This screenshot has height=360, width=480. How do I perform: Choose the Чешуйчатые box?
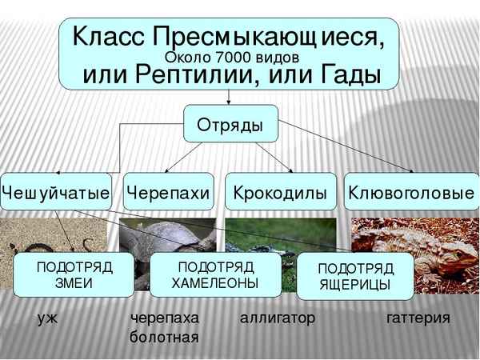click(x=56, y=192)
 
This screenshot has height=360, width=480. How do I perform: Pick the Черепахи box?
click(x=169, y=192)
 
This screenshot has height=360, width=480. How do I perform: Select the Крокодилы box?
click(x=279, y=192)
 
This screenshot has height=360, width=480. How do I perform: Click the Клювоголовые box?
click(x=411, y=192)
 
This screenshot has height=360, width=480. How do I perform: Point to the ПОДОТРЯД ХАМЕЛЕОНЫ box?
click(x=216, y=274)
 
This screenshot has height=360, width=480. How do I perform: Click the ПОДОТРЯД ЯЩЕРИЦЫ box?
click(x=354, y=276)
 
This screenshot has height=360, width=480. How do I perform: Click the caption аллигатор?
click(x=278, y=318)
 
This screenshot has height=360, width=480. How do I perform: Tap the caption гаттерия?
click(x=418, y=318)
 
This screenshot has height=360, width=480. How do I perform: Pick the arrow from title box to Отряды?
click(x=230, y=96)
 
